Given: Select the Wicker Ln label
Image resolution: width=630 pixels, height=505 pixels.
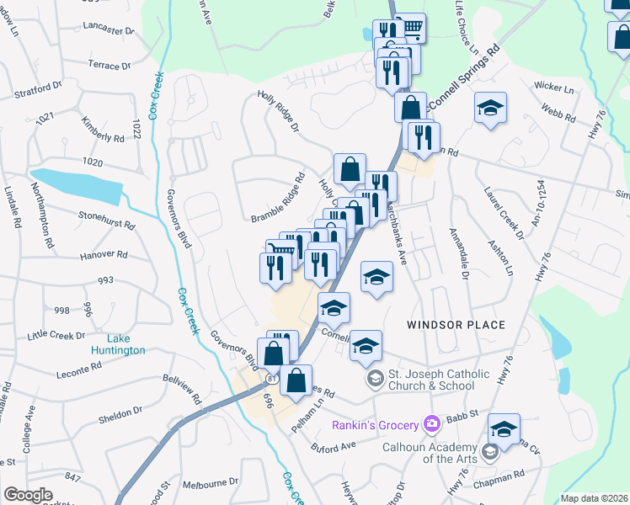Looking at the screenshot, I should tap(553, 88).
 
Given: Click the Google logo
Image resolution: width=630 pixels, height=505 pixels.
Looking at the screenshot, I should tap(29, 495).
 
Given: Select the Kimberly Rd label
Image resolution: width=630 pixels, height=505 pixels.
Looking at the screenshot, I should tap(102, 130).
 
